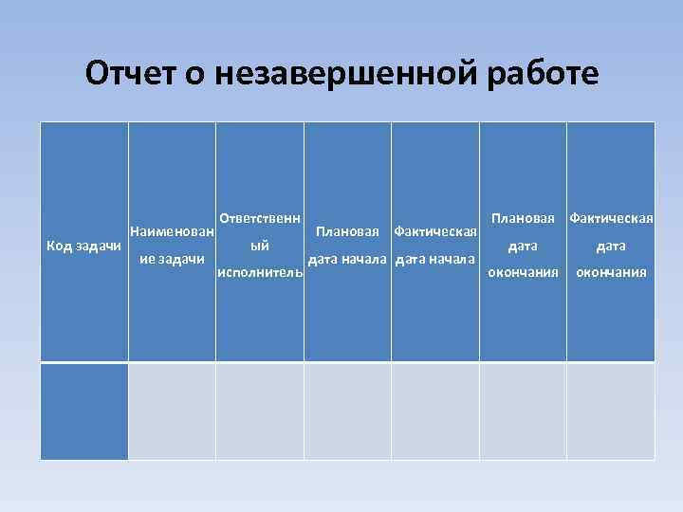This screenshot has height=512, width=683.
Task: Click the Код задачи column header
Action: tap(83, 246)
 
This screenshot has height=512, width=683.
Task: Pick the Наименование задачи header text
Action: tap(172, 246)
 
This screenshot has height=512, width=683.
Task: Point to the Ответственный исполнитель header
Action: tap(260, 246)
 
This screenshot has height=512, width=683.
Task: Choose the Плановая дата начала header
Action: tap(347, 246)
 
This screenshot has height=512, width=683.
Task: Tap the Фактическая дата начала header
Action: tap(434, 246)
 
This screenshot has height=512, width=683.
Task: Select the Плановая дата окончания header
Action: tap(523, 246)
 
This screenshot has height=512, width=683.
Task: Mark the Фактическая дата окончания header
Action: tap(610, 246)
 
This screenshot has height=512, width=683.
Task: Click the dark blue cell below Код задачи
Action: tap(83, 411)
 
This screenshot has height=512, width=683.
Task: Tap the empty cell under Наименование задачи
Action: tap(172, 411)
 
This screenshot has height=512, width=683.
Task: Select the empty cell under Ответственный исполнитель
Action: tap(260, 411)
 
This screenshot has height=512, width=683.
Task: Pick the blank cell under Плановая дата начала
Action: tap(347, 411)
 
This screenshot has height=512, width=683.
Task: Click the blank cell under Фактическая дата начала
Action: tap(434, 411)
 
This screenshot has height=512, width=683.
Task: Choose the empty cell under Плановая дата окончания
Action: tap(523, 411)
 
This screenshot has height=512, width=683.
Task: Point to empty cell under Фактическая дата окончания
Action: tap(610, 411)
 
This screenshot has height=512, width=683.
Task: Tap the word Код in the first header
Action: tap(60, 246)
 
